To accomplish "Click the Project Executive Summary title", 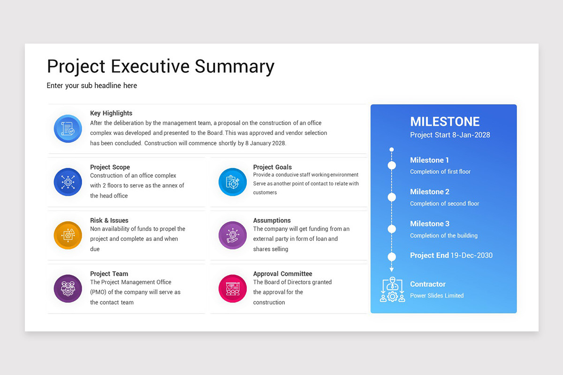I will pos(160,66).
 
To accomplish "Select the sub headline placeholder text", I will pos(92,85).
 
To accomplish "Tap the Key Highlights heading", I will pos(111,113).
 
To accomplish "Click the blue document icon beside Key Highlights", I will pos(68,129).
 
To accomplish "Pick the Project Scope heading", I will pos(110,167).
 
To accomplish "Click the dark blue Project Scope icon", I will pos(68,182).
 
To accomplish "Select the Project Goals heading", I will pos(272,167).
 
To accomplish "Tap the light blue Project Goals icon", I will pos(232,182).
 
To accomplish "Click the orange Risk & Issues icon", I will pos(68,235).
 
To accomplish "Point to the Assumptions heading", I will pos(272,220).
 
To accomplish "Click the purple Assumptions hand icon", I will pos(232,235).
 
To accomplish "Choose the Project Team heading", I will pos(109,274).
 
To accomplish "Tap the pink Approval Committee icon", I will pos(232,289).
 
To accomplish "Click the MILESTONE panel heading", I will pos(445,121).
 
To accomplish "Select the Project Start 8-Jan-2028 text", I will pos(450,135).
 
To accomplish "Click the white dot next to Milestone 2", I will pos(392,197).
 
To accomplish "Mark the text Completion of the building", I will pos(443,236).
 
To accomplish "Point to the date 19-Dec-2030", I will pos(472,255).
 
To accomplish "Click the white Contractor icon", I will pos(392,290).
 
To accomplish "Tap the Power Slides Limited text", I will pos(436,296).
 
